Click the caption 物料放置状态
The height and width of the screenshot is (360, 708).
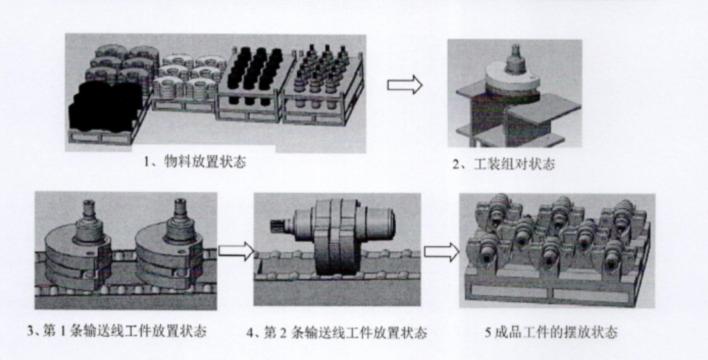(x=205, y=161)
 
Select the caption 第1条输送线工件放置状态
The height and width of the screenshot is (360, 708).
(x=124, y=331)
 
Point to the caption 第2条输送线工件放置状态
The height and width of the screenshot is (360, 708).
(x=345, y=333)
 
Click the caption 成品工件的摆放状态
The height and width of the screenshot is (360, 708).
(x=556, y=333)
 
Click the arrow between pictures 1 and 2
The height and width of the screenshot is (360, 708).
(x=405, y=85)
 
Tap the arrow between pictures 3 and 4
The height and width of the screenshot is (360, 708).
(x=236, y=251)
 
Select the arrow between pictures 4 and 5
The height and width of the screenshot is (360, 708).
(x=441, y=252)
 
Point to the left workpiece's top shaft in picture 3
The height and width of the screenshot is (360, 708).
(x=89, y=220)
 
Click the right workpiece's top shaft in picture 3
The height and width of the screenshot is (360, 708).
(x=180, y=220)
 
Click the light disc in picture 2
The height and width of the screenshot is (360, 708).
(x=512, y=80)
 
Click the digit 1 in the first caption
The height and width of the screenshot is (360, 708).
(x=146, y=162)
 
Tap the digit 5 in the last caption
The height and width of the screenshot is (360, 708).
(x=488, y=333)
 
